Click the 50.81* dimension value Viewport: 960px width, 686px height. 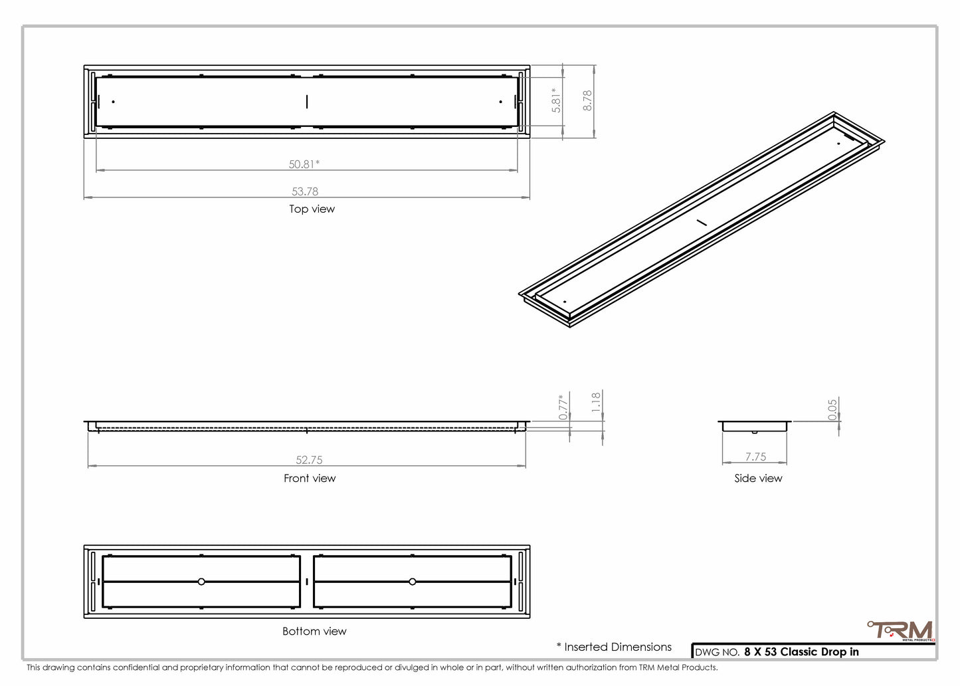pos(304,164)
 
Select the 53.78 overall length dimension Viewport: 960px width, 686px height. pos(305,191)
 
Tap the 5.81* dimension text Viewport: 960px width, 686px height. pos(557,100)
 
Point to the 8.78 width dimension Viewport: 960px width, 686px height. pos(587,100)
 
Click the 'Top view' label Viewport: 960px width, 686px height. pos(312,209)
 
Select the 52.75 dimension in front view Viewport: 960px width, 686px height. pos(309,459)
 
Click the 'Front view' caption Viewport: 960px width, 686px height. pos(310,478)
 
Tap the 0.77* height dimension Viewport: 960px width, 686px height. pos(563,407)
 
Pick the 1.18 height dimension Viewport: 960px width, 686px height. pos(595,402)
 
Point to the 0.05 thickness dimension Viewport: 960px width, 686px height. pos(832,409)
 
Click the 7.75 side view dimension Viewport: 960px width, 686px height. pos(755,457)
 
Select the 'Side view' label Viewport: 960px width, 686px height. pos(758,478)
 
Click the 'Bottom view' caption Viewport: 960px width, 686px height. pos(314,631)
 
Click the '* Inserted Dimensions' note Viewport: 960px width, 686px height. pos(614,647)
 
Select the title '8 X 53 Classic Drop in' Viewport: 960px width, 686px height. pos(801,651)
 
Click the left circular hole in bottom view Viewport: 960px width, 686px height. pos(201,582)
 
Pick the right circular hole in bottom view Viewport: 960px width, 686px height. pos(413,582)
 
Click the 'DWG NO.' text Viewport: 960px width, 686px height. pos(717,652)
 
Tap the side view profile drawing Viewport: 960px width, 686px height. pos(755,426)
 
